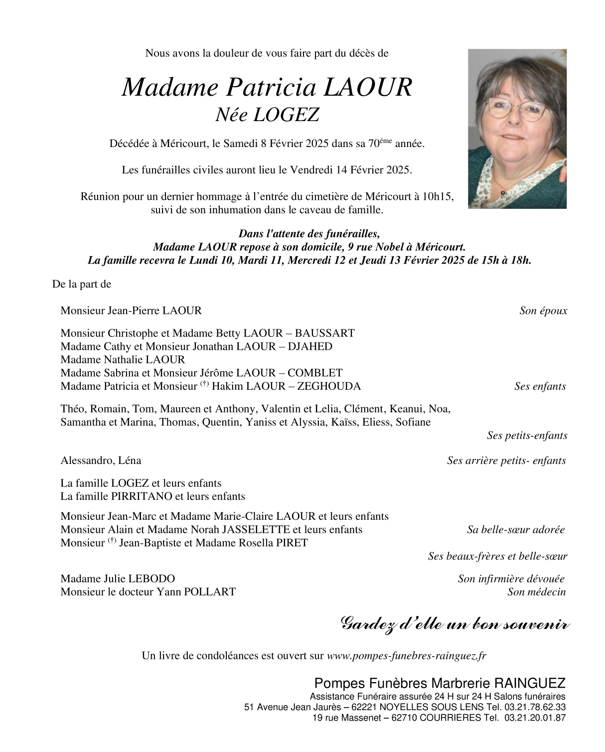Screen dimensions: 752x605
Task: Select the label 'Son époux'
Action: [543, 311]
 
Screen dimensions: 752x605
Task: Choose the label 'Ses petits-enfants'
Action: [527, 436]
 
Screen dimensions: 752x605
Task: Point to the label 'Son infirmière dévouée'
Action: [511, 579]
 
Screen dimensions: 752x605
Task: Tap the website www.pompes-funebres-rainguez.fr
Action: [406, 656]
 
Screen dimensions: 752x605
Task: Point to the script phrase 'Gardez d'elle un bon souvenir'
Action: [455, 624]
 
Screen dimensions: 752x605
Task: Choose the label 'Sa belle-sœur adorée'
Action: [516, 530]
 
